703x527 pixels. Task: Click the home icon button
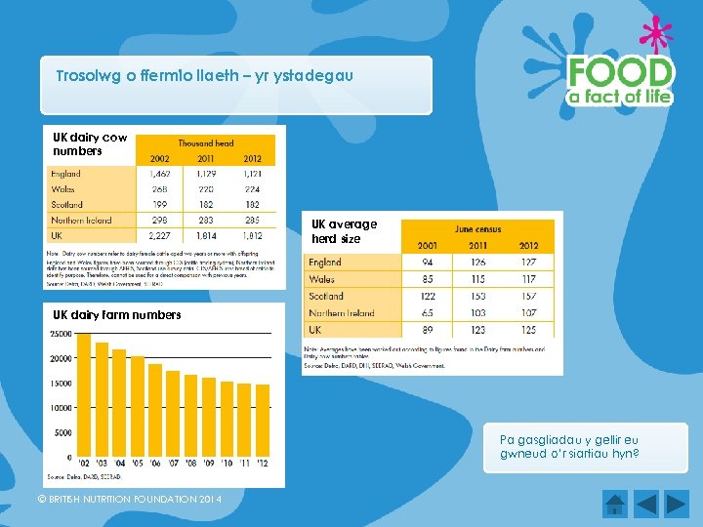(x=614, y=504)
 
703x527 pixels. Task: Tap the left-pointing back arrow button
(x=647, y=504)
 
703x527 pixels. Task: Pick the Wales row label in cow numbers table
(x=63, y=189)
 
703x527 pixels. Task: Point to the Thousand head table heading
(x=205, y=143)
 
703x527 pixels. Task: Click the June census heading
(x=478, y=228)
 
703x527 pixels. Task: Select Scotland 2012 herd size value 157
(x=529, y=297)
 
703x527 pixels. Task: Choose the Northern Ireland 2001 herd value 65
(x=428, y=313)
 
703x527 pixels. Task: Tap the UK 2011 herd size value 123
(x=478, y=330)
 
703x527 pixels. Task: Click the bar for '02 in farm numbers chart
(x=83, y=395)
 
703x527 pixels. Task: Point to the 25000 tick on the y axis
(x=60, y=334)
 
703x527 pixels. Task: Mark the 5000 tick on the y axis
(x=62, y=432)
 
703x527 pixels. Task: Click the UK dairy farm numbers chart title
(x=117, y=315)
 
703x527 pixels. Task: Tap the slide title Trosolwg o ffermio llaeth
(x=205, y=75)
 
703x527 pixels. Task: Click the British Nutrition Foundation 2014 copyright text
(x=129, y=500)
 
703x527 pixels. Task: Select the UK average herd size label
(x=344, y=231)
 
